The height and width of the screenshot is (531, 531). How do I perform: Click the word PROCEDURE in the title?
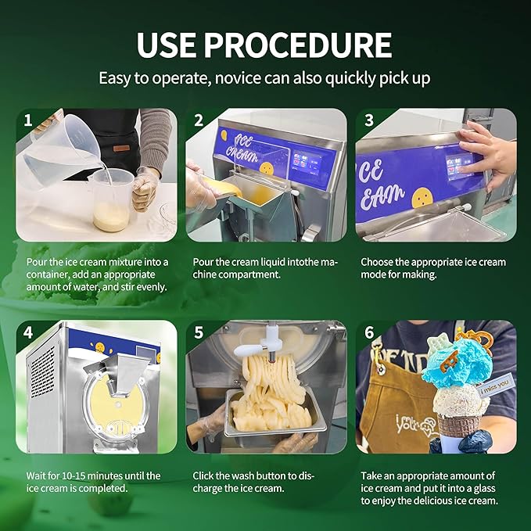pos(298,45)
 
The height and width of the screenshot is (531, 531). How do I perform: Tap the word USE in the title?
pos(167,45)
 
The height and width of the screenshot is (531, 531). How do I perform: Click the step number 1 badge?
pos(28,120)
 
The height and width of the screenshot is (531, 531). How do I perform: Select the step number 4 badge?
pos(28,332)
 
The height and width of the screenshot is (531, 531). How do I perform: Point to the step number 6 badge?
pos(369,332)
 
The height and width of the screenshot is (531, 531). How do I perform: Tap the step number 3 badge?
pos(369,120)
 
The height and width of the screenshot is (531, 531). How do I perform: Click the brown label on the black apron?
pos(121,149)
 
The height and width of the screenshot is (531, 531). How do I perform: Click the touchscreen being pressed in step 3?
pos(460,167)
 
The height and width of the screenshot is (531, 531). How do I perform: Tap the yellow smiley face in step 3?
pos(422,198)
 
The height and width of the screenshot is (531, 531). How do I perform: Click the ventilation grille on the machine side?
pos(43,371)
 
